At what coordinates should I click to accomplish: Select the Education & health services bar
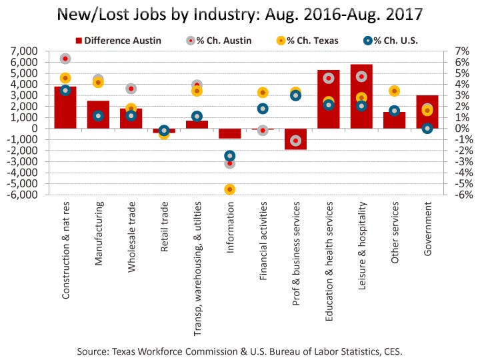(329, 99)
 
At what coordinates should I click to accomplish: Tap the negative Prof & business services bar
(295, 139)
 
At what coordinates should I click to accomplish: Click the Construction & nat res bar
(65, 107)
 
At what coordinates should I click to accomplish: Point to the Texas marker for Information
(230, 189)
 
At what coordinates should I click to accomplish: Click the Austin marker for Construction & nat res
(65, 59)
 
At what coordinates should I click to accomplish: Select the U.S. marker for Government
(427, 129)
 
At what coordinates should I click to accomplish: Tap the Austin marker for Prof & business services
(295, 141)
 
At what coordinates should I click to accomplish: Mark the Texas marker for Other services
(394, 91)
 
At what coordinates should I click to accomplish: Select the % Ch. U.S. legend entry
(391, 40)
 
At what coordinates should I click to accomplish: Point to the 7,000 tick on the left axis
(25, 51)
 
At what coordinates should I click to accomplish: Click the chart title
(239, 14)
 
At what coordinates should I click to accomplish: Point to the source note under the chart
(240, 349)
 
